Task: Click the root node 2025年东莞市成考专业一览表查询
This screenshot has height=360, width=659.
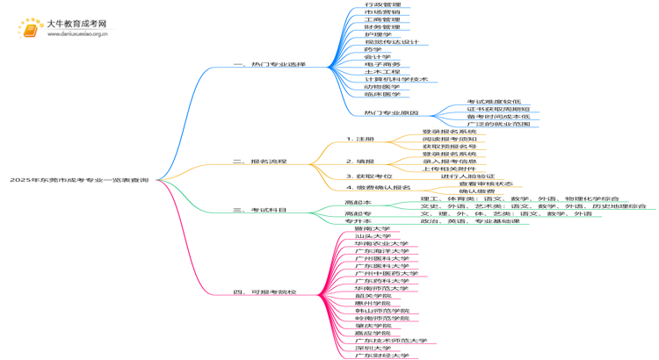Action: coord(79,180)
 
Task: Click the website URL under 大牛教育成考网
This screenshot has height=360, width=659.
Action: coord(76,34)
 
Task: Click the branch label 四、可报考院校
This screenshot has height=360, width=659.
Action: coord(264,292)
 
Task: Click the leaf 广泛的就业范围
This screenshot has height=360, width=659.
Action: coord(498,124)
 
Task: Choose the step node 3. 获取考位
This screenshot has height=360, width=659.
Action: coord(369,176)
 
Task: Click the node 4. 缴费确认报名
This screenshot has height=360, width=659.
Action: coord(378,188)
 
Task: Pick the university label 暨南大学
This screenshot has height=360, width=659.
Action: coord(373,228)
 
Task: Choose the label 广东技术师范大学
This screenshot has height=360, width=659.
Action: coord(391,340)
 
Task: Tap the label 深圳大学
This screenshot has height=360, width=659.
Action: coord(373,348)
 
